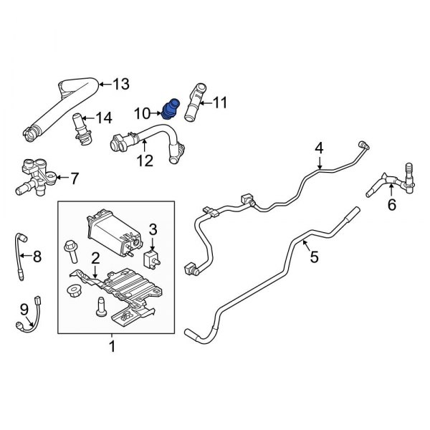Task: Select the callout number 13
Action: click(120, 85)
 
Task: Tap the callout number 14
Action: click(104, 118)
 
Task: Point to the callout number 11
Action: click(219, 104)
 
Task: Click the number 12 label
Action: click(145, 162)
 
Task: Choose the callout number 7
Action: click(75, 177)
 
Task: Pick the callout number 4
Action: click(319, 148)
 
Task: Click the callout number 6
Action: click(391, 205)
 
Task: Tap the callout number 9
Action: click(23, 308)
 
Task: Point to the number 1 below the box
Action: click(112, 348)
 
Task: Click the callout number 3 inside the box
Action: click(152, 229)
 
